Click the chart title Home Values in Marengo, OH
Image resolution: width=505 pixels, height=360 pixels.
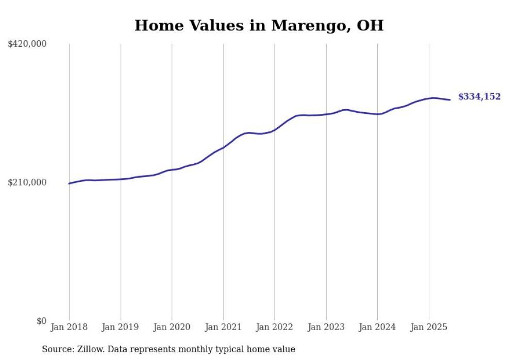[259, 25]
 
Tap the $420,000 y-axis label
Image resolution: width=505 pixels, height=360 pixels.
[27, 44]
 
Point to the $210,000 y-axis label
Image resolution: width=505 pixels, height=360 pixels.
[27, 182]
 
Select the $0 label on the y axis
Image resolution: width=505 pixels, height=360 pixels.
[41, 321]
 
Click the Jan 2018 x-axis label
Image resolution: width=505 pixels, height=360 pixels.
[69, 327]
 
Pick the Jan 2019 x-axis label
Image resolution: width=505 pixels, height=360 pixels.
[121, 327]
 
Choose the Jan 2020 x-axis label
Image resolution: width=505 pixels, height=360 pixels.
[172, 327]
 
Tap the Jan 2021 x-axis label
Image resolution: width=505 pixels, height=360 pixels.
[223, 327]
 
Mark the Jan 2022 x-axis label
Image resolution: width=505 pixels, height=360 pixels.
[275, 327]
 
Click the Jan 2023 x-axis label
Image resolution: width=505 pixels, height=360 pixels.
[326, 327]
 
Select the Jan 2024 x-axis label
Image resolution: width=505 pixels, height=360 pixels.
[377, 327]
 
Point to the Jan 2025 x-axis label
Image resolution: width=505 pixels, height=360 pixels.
[428, 327]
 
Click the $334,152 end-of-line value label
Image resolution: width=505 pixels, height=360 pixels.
[479, 97]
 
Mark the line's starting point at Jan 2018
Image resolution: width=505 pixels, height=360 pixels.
[69, 183]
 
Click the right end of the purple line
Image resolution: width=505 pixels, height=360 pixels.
[450, 100]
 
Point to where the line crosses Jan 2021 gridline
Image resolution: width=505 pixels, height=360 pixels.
[223, 148]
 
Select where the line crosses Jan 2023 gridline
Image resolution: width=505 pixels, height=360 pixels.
[326, 114]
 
